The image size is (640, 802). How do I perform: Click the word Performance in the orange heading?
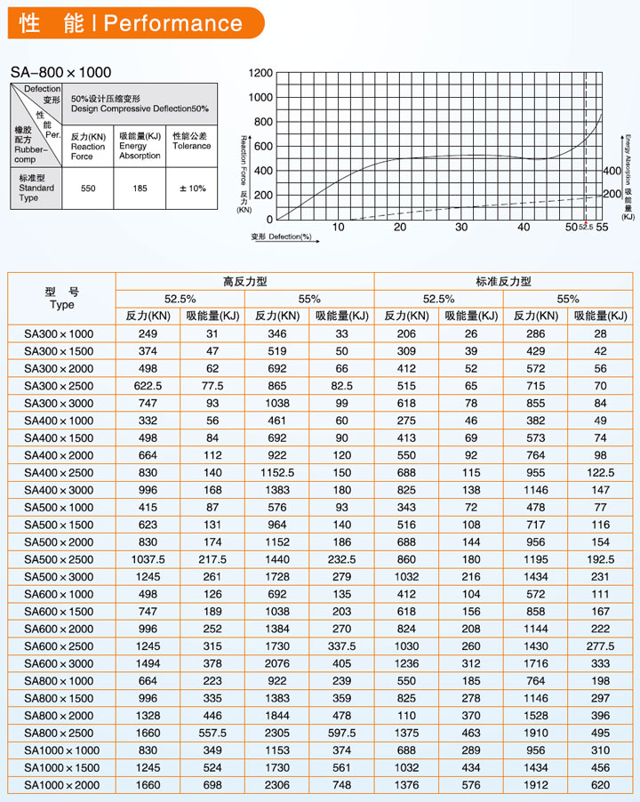coord(172,24)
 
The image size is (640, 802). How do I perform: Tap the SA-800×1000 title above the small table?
coord(61,71)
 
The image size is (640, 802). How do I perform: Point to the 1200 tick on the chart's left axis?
coord(261,72)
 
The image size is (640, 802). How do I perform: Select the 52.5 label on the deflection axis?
coord(585,228)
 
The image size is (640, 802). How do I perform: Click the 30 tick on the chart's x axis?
coord(461,228)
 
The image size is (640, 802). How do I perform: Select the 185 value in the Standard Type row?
coord(140,188)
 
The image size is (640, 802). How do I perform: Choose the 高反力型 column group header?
coord(244,281)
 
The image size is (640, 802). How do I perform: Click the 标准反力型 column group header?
coord(503,281)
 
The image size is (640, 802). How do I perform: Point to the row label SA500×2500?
coord(59,559)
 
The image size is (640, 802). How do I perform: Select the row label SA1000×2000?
coord(62,785)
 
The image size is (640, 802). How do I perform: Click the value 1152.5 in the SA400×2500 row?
coord(277,473)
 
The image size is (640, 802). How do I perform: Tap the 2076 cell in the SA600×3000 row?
coord(277,663)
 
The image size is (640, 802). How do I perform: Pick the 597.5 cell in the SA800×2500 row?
coord(342,733)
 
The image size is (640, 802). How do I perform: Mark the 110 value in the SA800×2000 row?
coord(406,716)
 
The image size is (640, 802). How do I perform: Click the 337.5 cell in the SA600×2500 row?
coord(342,646)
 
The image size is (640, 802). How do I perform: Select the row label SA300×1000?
coord(59,333)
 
